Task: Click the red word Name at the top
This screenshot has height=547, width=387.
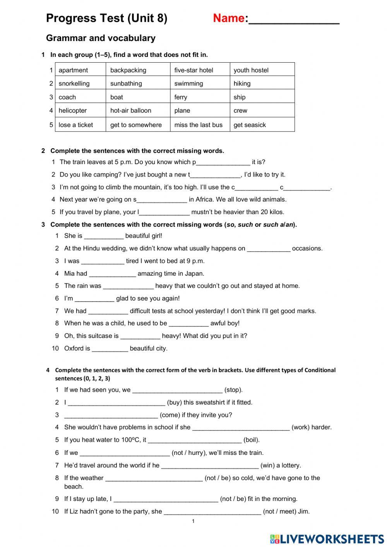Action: (228, 18)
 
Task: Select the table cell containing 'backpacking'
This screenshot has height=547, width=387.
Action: (138, 70)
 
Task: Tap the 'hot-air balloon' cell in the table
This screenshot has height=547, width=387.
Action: (138, 110)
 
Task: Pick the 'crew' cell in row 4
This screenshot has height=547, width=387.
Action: (262, 110)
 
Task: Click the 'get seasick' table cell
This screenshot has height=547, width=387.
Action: (262, 125)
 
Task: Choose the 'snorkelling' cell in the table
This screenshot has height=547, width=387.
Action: (80, 83)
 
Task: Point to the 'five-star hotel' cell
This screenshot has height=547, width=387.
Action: (200, 70)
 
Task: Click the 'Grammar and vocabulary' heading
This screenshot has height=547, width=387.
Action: (101, 38)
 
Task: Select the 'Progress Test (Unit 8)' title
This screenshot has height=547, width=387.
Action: (106, 18)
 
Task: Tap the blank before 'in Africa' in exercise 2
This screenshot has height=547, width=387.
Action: (162, 200)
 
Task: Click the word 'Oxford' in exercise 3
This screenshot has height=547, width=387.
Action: (74, 348)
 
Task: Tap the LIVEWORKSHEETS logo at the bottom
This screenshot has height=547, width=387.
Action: (327, 539)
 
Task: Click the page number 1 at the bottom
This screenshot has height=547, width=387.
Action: (193, 521)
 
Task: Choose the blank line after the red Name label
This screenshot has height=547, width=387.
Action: (294, 19)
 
